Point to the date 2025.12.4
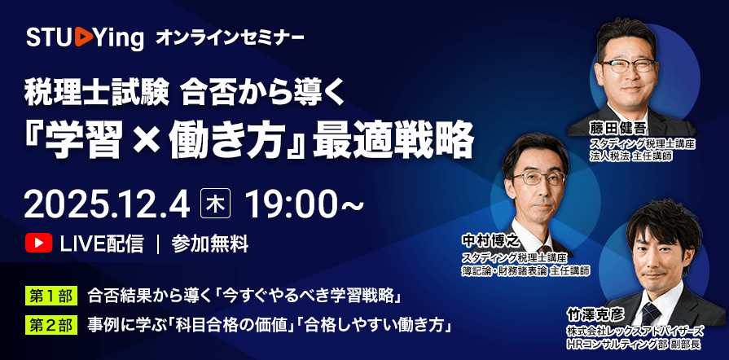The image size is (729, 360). click(106, 201)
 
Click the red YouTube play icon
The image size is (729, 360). click(37, 243)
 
